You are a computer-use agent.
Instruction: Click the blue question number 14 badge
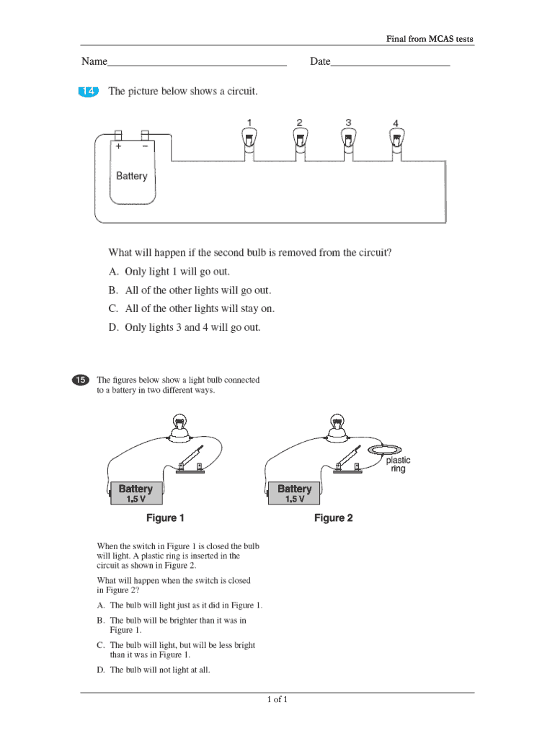[x=86, y=92]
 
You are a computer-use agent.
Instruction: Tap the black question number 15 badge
[x=80, y=380]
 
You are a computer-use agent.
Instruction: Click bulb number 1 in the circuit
[x=248, y=139]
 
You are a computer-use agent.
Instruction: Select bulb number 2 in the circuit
[x=299, y=139]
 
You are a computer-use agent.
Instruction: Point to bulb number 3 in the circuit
[x=348, y=139]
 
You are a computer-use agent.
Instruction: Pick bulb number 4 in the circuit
[x=396, y=139]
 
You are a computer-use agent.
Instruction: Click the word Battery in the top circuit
[x=132, y=176]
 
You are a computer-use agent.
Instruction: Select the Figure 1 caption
[x=166, y=517]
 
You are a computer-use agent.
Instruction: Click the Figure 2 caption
[x=334, y=517]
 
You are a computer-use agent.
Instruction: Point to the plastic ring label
[x=398, y=464]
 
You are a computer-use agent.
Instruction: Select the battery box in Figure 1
[x=136, y=493]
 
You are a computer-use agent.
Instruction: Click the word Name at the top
[x=94, y=62]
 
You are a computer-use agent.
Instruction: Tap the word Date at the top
[x=320, y=62]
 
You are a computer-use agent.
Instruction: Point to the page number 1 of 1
[x=277, y=700]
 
